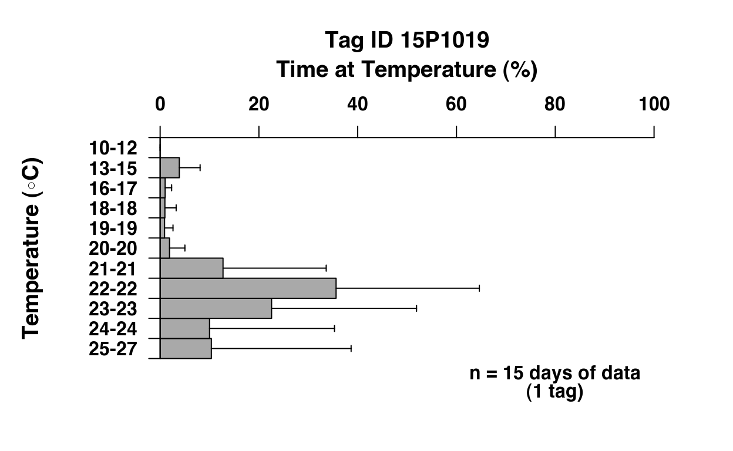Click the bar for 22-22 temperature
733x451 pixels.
pyautogui.click(x=248, y=288)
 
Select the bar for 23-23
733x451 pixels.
pyautogui.click(x=216, y=308)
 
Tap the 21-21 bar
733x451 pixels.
pyautogui.click(x=191, y=268)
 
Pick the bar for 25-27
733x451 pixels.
pyautogui.click(x=186, y=348)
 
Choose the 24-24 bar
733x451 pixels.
pyautogui.click(x=184, y=328)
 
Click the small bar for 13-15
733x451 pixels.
pyautogui.click(x=170, y=168)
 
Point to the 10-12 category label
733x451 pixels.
pyautogui.click(x=113, y=148)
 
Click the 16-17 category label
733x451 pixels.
pyautogui.click(x=113, y=189)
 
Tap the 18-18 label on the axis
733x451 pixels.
pyautogui.click(x=113, y=208)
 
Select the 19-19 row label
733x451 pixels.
pyautogui.click(x=113, y=228)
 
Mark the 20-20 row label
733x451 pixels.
pyautogui.click(x=113, y=248)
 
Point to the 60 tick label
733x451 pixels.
pyautogui.click(x=456, y=104)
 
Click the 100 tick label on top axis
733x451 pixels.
pyautogui.click(x=654, y=104)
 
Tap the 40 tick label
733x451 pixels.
pyautogui.click(x=358, y=104)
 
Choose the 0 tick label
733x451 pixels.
pyautogui.click(x=160, y=104)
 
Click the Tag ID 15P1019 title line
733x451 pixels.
pyautogui.click(x=407, y=41)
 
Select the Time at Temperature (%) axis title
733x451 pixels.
pyautogui.click(x=407, y=70)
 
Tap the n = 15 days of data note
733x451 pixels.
pyautogui.click(x=554, y=373)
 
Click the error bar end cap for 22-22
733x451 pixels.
pyautogui.click(x=479, y=288)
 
